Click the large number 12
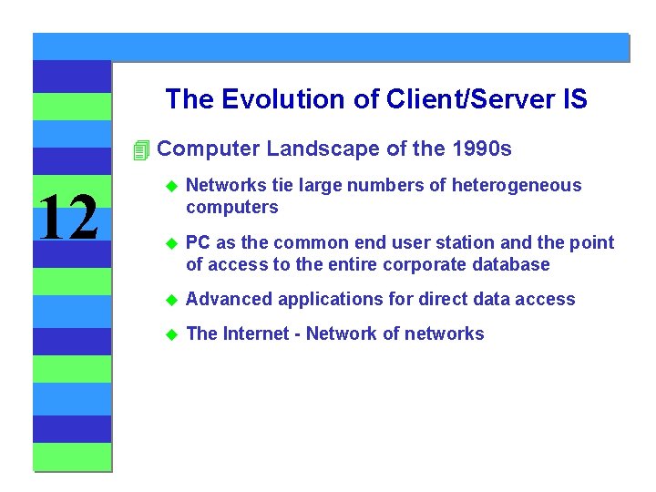(x=69, y=219)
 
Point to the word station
(x=463, y=242)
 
